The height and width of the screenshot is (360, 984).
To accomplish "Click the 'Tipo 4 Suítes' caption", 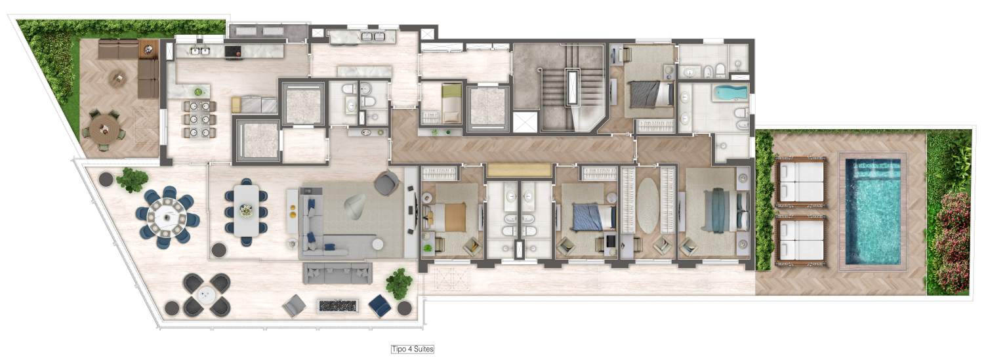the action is tap(413, 349).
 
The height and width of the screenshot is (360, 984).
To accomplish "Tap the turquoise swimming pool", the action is tap(873, 211).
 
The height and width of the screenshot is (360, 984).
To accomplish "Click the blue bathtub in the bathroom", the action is tap(730, 92).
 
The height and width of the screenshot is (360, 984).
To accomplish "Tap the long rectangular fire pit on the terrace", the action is tap(338, 305).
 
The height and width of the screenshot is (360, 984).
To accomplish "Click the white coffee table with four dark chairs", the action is tap(206, 294).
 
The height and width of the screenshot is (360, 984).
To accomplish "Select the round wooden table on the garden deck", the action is tap(104, 130).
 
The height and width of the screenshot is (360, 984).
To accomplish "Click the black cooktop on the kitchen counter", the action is tap(234, 51).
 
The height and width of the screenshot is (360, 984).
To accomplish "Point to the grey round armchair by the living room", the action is tap(386, 183).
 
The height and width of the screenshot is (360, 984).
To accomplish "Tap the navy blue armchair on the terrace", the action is tap(380, 305).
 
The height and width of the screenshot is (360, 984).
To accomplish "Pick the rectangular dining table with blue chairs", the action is tap(247, 210).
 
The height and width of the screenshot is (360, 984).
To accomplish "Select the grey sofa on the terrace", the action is tap(337, 273).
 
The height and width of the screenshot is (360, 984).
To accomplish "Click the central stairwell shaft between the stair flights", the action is tap(573, 87).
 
